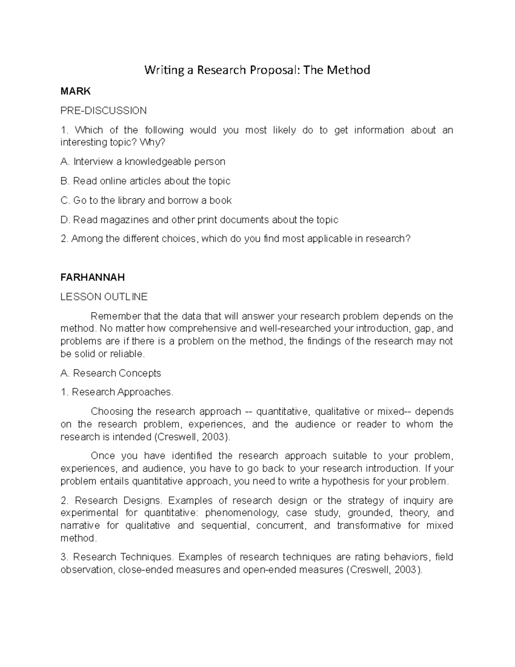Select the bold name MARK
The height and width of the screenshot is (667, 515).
coord(76,91)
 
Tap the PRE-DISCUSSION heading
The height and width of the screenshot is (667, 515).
coord(103,111)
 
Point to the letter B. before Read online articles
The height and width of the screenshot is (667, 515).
coord(65,181)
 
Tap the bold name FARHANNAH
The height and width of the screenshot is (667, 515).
coord(93,277)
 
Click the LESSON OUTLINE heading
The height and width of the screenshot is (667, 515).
coord(104,297)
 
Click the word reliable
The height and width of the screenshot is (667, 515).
coord(127,354)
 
